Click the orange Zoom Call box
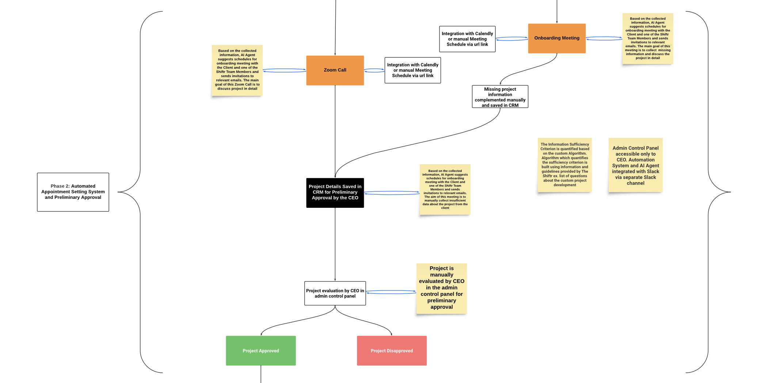335,70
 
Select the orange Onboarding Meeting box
556,38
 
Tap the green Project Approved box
260,350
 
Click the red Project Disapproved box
391,350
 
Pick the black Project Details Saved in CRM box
335,192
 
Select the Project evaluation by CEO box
335,293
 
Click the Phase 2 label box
73,192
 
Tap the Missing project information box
500,97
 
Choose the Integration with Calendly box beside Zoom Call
412,70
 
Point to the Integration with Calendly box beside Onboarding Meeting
467,39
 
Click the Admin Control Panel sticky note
635,165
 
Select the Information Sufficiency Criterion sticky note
564,165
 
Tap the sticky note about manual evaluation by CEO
441,288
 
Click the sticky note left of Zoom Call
237,70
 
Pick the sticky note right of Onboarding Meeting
647,38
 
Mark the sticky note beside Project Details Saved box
445,189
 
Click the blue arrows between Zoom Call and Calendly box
374,70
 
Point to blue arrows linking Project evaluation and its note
391,292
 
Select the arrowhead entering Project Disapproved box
391,334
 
